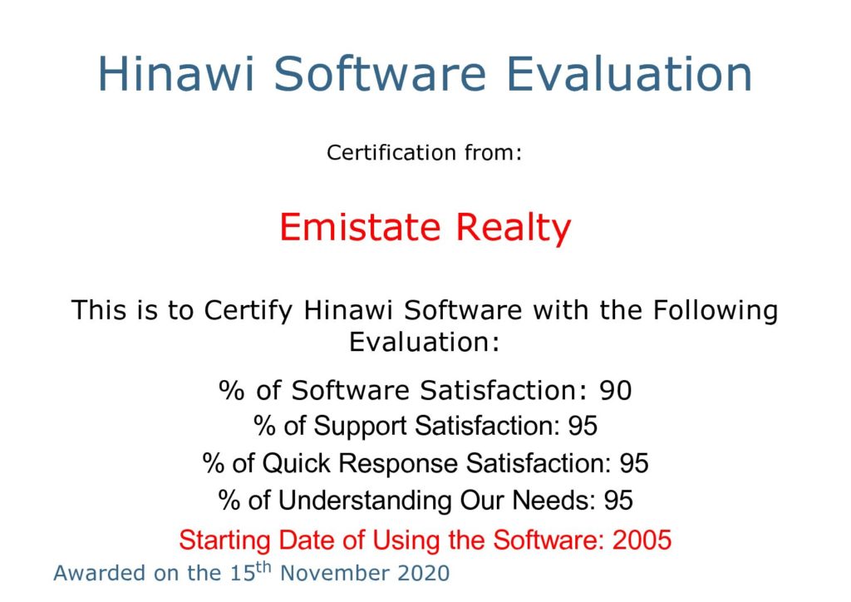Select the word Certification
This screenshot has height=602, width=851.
click(x=391, y=152)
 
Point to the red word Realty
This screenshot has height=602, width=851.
click(x=513, y=228)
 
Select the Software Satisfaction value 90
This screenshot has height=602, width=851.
click(x=616, y=391)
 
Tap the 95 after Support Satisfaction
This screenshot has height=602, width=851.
click(x=583, y=426)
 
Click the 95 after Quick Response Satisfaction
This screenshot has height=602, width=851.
click(x=634, y=464)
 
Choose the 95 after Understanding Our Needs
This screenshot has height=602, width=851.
click(x=618, y=501)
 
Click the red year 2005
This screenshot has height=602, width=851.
click(x=642, y=540)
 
